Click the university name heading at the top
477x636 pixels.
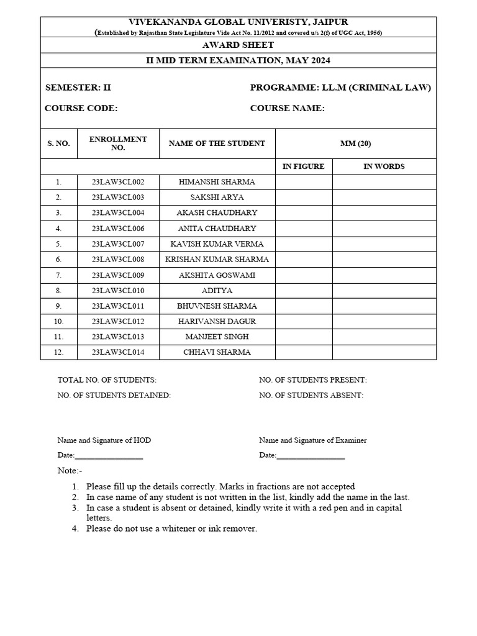click(238, 22)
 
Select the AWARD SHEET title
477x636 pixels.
click(238, 45)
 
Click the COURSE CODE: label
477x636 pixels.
click(81, 108)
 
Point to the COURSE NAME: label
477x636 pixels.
click(287, 108)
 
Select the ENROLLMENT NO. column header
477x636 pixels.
click(118, 143)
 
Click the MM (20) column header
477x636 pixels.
click(355, 143)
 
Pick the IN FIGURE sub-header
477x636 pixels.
click(304, 166)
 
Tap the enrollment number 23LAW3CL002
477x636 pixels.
click(118, 182)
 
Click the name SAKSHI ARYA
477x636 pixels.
click(217, 198)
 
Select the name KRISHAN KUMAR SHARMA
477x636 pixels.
click(217, 259)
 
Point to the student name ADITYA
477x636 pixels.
click(217, 290)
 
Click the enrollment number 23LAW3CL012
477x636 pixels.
click(118, 321)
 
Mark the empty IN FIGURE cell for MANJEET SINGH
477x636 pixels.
click(304, 337)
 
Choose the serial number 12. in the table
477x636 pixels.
click(58, 352)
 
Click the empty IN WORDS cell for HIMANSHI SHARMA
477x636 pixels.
click(384, 182)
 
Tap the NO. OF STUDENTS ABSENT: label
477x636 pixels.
click(311, 395)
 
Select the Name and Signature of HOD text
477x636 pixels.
click(104, 440)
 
